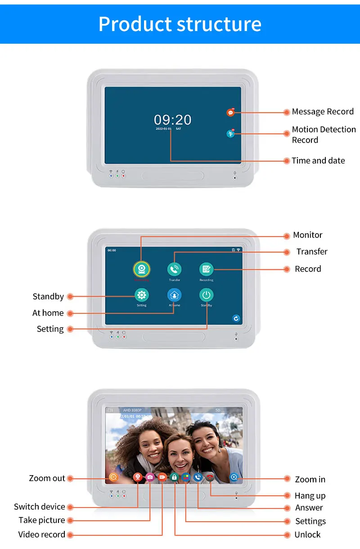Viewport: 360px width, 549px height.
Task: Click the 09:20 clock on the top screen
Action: click(x=173, y=120)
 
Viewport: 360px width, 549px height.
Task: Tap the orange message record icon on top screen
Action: click(x=231, y=113)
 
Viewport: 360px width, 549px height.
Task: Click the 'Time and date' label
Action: click(x=318, y=161)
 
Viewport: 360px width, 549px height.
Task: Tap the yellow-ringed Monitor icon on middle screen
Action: click(x=142, y=269)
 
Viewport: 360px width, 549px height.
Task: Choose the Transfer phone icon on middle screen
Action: click(x=174, y=269)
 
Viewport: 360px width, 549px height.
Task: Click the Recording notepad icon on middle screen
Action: click(x=206, y=269)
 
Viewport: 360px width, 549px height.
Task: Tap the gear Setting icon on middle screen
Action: click(x=142, y=295)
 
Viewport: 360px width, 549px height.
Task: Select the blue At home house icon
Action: click(x=174, y=295)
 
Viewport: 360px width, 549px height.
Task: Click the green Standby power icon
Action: click(x=206, y=295)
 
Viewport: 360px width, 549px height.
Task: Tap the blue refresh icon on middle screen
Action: click(x=236, y=318)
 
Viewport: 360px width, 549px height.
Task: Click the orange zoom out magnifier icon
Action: click(x=113, y=477)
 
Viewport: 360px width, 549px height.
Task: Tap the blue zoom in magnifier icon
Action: click(x=234, y=477)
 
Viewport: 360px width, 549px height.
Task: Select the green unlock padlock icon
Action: click(x=174, y=477)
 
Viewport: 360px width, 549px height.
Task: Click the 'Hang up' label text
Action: click(x=310, y=496)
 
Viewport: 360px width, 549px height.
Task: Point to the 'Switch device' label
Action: click(x=40, y=507)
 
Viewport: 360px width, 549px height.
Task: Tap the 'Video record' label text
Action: click(x=42, y=535)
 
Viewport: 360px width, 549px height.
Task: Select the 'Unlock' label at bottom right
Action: click(x=307, y=535)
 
